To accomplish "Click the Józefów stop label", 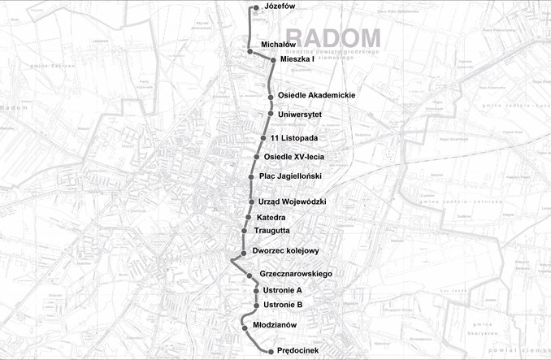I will click(280, 7).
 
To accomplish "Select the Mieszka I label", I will click(297, 59).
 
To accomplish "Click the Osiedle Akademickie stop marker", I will click(270, 96).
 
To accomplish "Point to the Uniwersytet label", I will click(300, 115).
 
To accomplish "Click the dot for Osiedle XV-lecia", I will click(257, 157).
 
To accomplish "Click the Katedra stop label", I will click(271, 218).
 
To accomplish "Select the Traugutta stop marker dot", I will click(244, 231).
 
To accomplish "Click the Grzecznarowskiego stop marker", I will click(249, 275).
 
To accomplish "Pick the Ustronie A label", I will click(283, 290).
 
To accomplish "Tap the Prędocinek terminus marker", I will click(269, 352).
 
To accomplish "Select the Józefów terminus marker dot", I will click(256, 8).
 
